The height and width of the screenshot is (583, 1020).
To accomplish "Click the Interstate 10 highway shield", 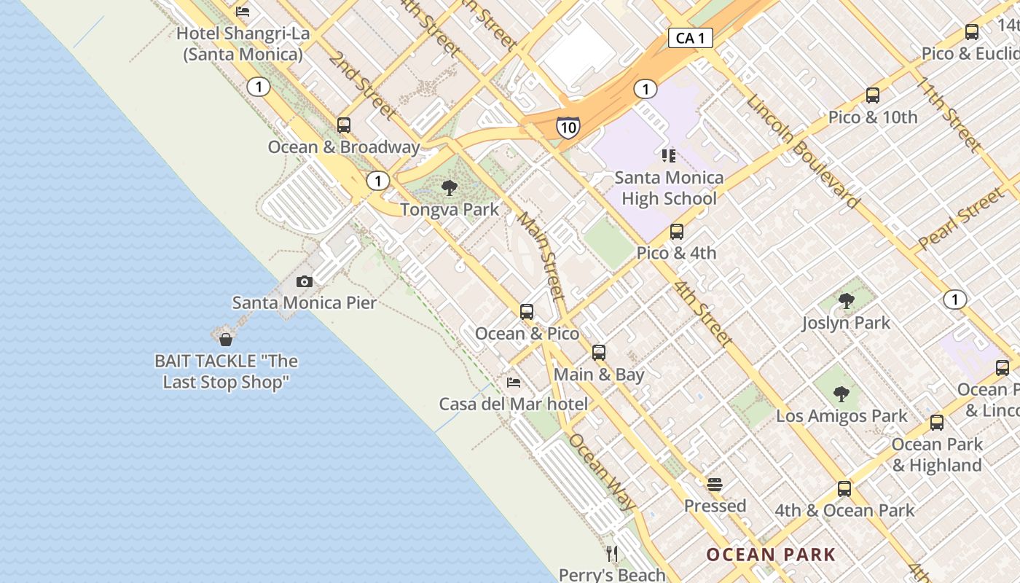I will coord(568,127).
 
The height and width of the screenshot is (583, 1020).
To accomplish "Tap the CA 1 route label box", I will coord(690,38).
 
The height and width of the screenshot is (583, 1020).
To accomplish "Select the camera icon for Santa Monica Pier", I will coord(305,281).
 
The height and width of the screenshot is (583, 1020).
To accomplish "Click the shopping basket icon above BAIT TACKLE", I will coord(226,340).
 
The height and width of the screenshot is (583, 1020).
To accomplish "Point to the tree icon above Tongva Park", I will coord(450,188).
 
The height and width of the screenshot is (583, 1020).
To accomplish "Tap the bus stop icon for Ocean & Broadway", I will coord(344,125).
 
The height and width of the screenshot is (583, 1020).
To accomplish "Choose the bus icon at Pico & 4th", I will coord(677,232).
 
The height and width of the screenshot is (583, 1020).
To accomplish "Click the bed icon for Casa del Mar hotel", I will coord(514,383).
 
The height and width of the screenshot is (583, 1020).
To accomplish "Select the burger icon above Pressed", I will coord(715,485).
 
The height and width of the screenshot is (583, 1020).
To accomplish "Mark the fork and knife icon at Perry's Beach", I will coord(612,554).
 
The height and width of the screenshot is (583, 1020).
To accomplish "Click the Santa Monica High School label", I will coord(669,188).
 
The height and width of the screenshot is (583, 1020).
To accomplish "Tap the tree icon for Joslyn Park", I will coord(846,301).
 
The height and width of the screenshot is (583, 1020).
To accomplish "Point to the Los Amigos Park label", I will coord(841,416).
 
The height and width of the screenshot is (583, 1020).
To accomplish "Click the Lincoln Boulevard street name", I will coord(803,151).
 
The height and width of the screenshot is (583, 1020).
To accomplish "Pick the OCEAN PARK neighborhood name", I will coord(771,555).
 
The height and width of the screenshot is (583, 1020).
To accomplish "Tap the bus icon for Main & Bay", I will coord(599,353).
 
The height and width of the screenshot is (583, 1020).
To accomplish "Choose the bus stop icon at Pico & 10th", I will coord(873,95).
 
